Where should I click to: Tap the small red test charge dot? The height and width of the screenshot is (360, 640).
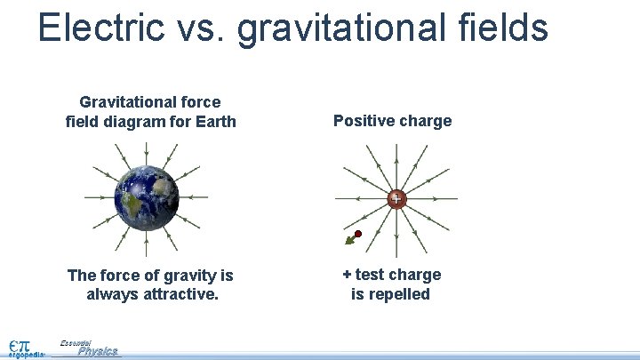click(x=358, y=234)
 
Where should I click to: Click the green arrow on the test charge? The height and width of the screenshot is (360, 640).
click(x=350, y=240)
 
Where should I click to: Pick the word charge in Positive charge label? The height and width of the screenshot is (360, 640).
click(x=424, y=121)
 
